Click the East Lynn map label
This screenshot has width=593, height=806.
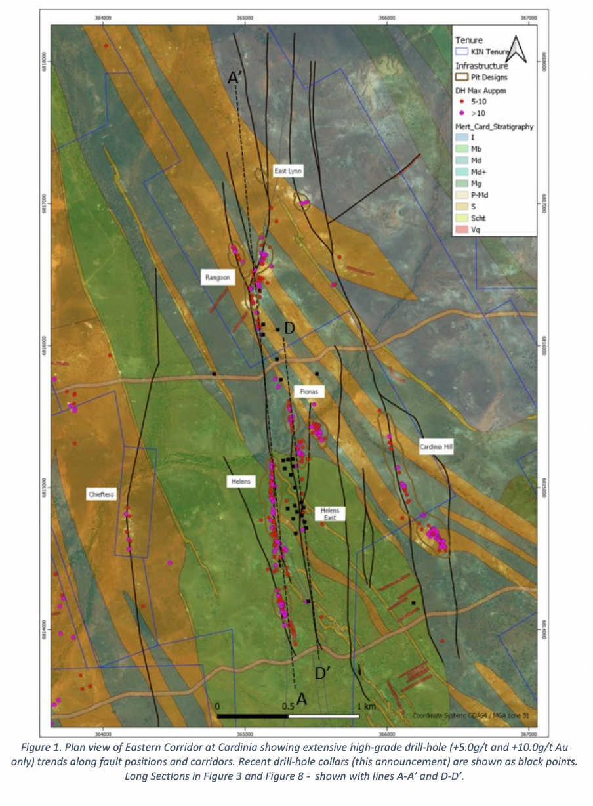(288, 171)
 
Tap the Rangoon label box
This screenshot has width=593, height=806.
(217, 278)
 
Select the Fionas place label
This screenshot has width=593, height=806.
(309, 391)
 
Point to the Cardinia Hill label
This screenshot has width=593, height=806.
(437, 447)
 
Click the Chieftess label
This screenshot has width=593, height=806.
(102, 494)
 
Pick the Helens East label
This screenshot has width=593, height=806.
(329, 513)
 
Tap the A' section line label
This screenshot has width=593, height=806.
(235, 78)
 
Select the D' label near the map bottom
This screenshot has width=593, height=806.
(322, 673)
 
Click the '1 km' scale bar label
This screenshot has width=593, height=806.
(367, 706)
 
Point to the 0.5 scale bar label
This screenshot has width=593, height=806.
(288, 706)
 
